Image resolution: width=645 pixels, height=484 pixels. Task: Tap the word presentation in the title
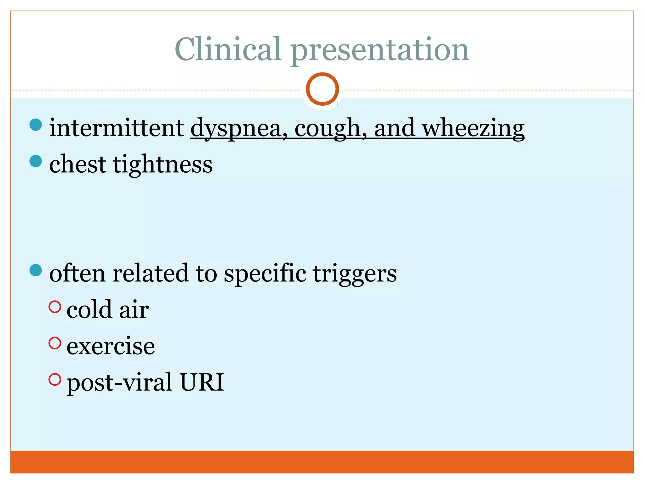pyautogui.click(x=380, y=50)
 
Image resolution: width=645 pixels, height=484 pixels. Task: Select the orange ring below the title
pyautogui.click(x=322, y=89)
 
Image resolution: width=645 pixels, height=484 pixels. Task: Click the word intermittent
pyautogui.click(x=117, y=128)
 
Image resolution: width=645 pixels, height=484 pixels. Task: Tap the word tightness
pyautogui.click(x=163, y=164)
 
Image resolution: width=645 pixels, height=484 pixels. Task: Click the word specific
pyautogui.click(x=265, y=273)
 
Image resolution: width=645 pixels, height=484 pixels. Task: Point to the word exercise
pyautogui.click(x=111, y=346)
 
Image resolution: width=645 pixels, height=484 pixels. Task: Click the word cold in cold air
pyautogui.click(x=89, y=309)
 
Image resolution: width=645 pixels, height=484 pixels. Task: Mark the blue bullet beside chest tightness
pyautogui.click(x=36, y=161)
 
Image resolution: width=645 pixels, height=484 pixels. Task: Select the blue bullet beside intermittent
pyautogui.click(x=36, y=125)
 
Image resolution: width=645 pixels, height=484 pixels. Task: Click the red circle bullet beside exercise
pyautogui.click(x=55, y=343)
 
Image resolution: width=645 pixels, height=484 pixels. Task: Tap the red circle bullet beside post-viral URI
pyautogui.click(x=55, y=379)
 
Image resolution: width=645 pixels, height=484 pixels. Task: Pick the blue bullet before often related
pyautogui.click(x=36, y=270)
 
